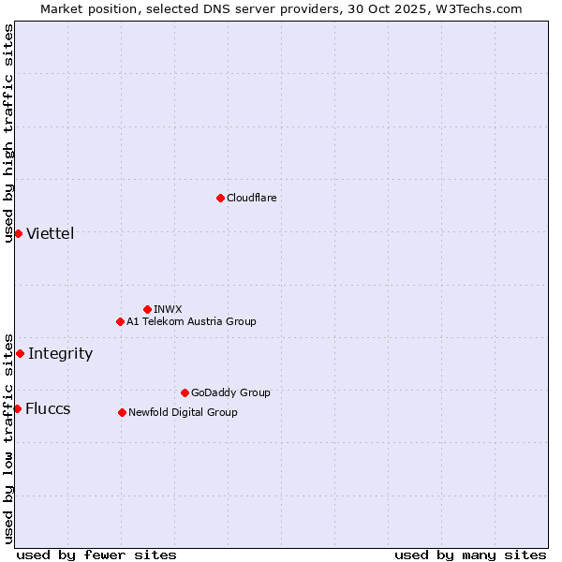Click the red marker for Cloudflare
click(220, 198)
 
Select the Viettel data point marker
click(18, 233)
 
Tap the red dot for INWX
click(147, 309)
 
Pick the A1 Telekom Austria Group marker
click(120, 321)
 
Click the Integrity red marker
click(20, 353)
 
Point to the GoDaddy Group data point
click(185, 392)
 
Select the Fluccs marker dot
click(17, 408)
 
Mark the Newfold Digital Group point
click(122, 412)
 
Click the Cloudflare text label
click(251, 198)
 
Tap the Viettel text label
click(50, 234)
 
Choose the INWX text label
click(168, 309)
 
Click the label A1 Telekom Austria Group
click(191, 321)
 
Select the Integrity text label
click(60, 354)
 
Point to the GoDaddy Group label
click(230, 392)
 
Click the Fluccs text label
click(48, 409)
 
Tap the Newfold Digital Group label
click(183, 412)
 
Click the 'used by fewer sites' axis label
click(96, 555)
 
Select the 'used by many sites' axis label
click(470, 555)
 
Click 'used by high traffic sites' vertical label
click(8, 133)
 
